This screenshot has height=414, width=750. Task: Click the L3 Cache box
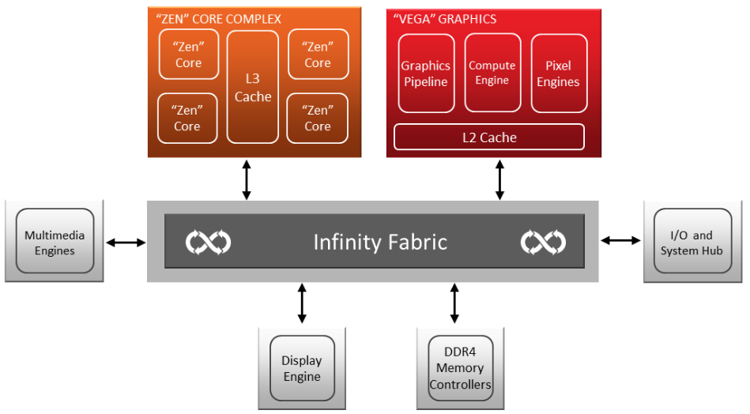point(253,87)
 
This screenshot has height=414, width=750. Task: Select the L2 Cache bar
point(489,137)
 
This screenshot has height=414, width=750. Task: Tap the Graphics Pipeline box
point(426,73)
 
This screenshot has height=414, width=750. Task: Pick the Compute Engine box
point(492,73)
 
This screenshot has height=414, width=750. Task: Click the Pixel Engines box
point(559,73)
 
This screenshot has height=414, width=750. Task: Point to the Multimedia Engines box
point(55,243)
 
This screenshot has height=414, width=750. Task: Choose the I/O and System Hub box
point(692,243)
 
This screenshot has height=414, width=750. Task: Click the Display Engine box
point(302,368)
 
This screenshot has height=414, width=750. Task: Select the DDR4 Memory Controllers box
point(460,368)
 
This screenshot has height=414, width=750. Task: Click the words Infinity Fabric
point(380,241)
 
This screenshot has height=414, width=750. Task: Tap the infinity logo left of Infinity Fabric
point(208,242)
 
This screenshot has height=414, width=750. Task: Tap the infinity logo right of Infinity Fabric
point(543,242)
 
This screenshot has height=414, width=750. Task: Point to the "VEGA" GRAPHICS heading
point(445,19)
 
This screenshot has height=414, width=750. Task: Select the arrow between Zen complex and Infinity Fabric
point(247,179)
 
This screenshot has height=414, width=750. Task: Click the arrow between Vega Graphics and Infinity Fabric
point(499,179)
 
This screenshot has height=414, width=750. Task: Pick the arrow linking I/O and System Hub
point(621,239)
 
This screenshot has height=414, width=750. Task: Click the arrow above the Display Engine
point(302,304)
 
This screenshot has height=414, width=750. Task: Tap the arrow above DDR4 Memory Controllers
point(454,304)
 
